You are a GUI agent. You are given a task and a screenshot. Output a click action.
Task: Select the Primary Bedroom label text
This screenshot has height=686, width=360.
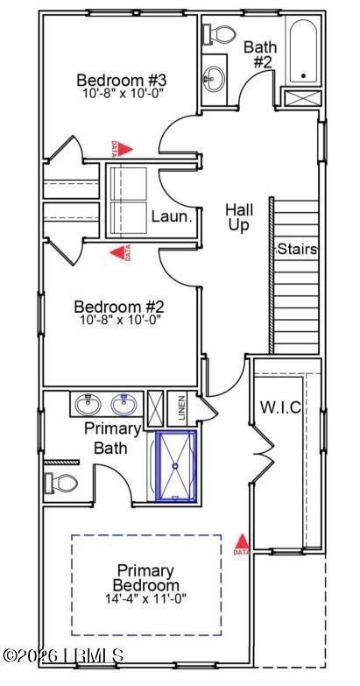coord(146,576)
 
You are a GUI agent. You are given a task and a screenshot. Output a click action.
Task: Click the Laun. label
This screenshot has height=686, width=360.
coord(171,216)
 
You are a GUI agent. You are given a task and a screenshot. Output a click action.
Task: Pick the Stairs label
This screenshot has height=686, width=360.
coord(296,249)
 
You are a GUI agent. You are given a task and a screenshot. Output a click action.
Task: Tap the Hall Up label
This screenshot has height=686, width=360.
coord(239,217)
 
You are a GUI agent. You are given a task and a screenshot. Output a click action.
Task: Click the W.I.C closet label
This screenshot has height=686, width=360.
coord(279,407)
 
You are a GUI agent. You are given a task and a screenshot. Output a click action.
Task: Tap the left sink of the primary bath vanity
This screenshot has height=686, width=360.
coord(88,406)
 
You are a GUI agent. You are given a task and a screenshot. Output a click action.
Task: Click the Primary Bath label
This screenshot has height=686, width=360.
coord(112,438)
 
